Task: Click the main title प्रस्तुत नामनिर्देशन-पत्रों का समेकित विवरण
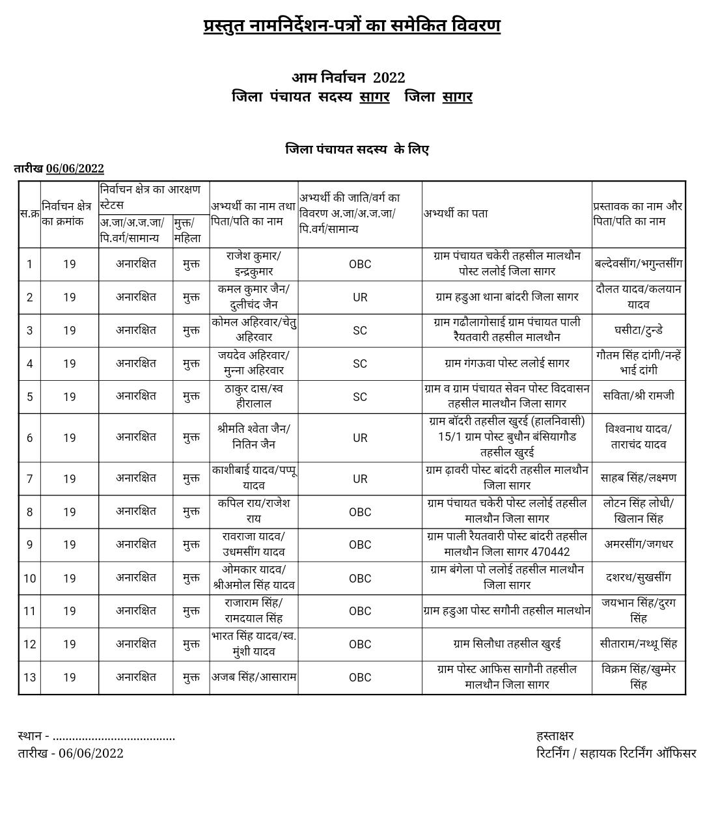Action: pyautogui.click(x=351, y=26)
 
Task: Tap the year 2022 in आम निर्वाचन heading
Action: pyautogui.click(x=389, y=77)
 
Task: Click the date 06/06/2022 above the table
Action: pyautogui.click(x=75, y=169)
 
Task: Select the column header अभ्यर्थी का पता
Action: pyautogui.click(x=456, y=214)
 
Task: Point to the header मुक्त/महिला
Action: pyautogui.click(x=191, y=230)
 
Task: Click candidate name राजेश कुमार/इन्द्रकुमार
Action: pyautogui.click(x=253, y=264)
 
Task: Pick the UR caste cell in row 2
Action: pyautogui.click(x=360, y=297)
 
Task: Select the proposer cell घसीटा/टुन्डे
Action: pyautogui.click(x=638, y=330)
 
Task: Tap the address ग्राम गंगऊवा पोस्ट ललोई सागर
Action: pyautogui.click(x=506, y=363)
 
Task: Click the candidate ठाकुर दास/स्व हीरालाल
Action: pyautogui.click(x=253, y=396)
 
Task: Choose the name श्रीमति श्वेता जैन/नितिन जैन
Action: pyautogui.click(x=253, y=437)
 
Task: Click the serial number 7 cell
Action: pyautogui.click(x=29, y=479)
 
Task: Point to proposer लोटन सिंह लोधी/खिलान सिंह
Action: pyautogui.click(x=638, y=512)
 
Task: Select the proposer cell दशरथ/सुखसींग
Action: pyautogui.click(x=638, y=578)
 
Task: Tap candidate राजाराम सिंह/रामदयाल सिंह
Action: pyautogui.click(x=253, y=611)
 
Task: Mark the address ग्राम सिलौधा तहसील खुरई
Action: pyautogui.click(x=506, y=644)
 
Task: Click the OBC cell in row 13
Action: pyautogui.click(x=360, y=678)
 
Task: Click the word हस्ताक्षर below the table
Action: pyautogui.click(x=555, y=736)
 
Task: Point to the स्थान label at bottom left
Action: pyautogui.click(x=30, y=736)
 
